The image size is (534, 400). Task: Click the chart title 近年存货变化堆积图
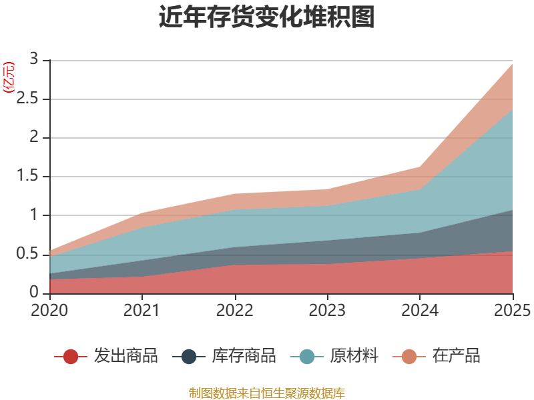[x=267, y=17]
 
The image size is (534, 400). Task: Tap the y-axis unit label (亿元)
[x=9, y=77]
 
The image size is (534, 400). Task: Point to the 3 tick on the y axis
[x=35, y=60]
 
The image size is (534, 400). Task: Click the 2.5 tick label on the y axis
[x=29, y=99]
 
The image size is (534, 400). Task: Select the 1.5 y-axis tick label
[x=29, y=177]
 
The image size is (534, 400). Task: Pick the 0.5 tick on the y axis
[x=29, y=254]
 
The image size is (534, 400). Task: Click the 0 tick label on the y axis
[x=35, y=293]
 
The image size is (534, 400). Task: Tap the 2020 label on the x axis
[x=50, y=311]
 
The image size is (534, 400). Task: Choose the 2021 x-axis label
[x=142, y=311]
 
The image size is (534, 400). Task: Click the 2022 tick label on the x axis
[x=235, y=311]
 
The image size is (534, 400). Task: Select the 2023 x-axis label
[x=327, y=311]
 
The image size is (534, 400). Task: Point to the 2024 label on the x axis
[x=420, y=311]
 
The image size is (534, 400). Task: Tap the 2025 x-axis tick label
[x=511, y=311]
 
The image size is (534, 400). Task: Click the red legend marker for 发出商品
[x=71, y=357]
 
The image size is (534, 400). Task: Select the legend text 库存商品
[x=244, y=356]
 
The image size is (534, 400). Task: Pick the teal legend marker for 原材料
[x=307, y=357]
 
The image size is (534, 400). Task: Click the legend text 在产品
[x=456, y=356]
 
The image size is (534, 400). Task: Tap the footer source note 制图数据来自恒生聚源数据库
[x=267, y=393]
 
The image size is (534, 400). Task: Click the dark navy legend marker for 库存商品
[x=189, y=357]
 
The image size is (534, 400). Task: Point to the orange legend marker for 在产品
[x=409, y=357]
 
